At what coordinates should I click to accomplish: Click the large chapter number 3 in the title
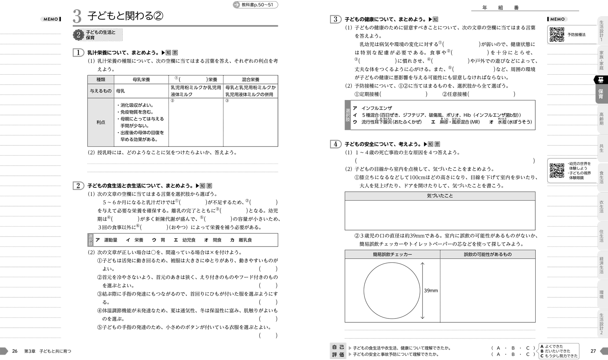77,16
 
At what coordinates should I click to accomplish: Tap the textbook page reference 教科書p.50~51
257,5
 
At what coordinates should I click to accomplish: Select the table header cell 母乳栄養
141,80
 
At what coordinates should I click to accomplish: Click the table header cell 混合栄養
250,80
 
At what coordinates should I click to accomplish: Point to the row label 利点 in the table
101,122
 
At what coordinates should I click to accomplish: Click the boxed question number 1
78,53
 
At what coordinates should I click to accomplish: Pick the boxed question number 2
78,186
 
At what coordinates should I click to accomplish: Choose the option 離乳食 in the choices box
245,240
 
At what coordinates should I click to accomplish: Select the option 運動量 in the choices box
110,240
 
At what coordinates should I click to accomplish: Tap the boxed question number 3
336,19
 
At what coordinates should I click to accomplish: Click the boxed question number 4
336,144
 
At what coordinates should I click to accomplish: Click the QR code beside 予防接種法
556,35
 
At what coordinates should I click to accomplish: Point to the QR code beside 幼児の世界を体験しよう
556,171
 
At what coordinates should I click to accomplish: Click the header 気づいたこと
440,196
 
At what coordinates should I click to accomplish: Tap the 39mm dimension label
431,290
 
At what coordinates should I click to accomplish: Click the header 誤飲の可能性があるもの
488,254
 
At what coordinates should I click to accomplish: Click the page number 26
15,351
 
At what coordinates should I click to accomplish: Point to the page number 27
593,351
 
